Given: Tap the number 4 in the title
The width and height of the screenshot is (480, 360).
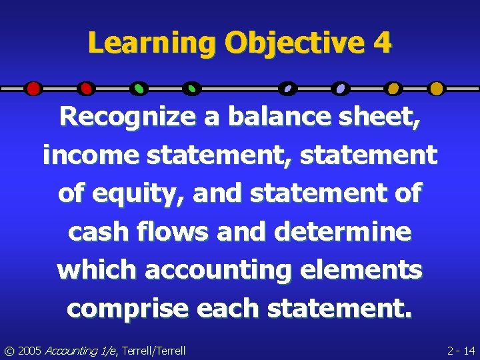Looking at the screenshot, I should tap(383, 44).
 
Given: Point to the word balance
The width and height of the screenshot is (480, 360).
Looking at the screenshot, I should tap(287, 117).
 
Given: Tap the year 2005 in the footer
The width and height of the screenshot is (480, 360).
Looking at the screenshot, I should tap(31, 350).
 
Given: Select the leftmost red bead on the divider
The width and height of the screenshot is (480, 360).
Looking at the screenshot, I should tap(33, 88).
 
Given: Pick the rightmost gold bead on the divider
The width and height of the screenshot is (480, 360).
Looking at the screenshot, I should tap(436, 88).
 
